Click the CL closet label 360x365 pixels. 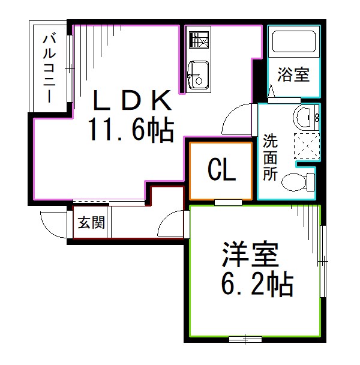tap(221, 171)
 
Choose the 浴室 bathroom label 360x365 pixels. tap(293, 75)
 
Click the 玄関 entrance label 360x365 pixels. tap(91, 223)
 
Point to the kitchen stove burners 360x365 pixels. tap(197, 40)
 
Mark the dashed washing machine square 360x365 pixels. tap(307, 145)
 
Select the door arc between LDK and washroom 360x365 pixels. tap(239, 119)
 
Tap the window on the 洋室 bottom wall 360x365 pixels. tap(245, 340)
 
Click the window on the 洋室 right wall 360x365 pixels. tap(323, 262)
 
